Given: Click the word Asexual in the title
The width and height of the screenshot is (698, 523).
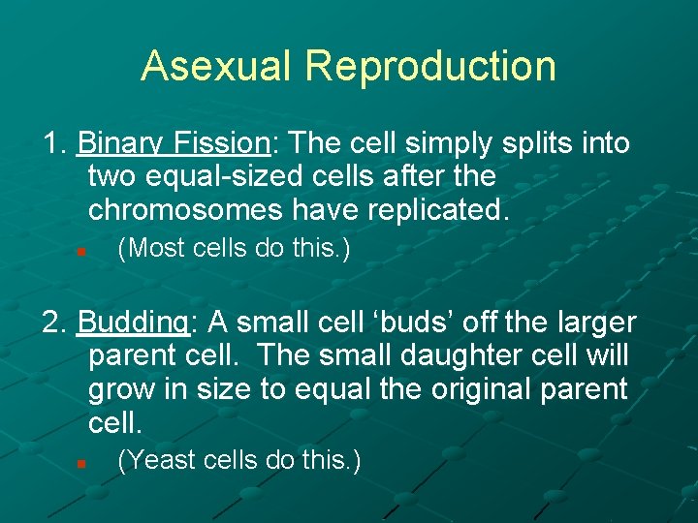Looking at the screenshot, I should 216,66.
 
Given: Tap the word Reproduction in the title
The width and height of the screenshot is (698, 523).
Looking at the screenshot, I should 429,66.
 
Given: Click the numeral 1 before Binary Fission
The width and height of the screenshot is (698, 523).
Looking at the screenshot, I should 53,143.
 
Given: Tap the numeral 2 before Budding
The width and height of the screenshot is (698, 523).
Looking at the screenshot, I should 53,322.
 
